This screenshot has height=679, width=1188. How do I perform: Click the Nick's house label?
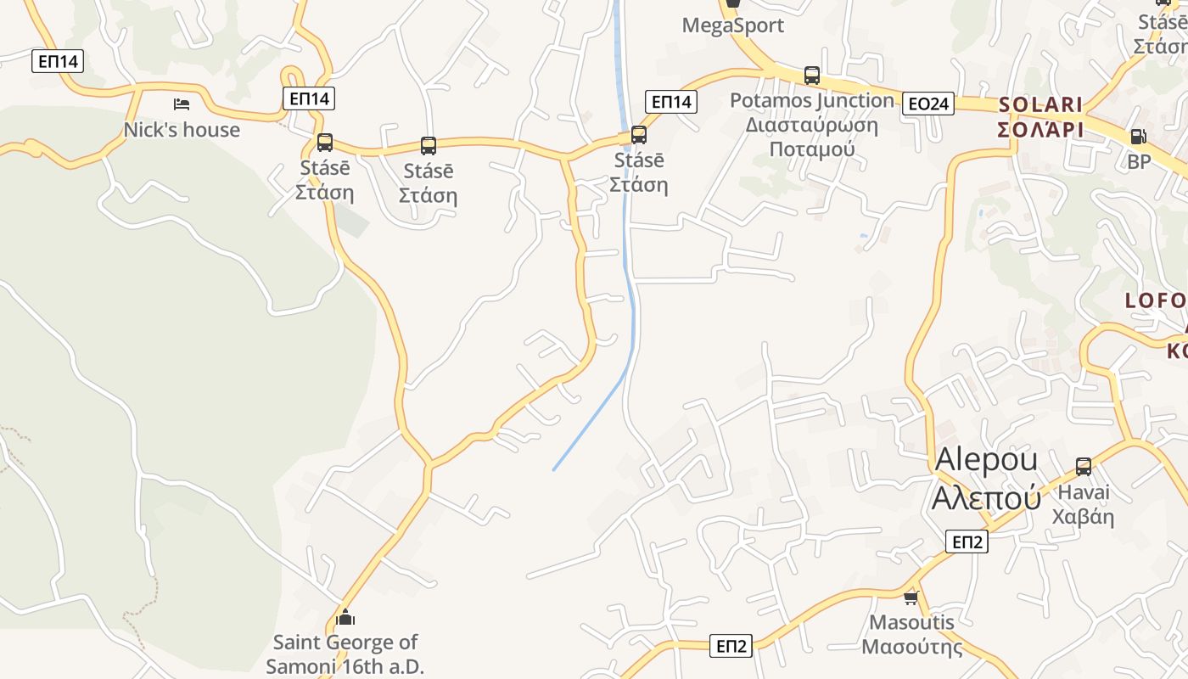(x=182, y=130)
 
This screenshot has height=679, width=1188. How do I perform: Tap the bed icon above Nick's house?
(x=181, y=104)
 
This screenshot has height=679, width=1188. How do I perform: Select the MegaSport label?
(x=733, y=25)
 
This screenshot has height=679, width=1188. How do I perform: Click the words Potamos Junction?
(x=812, y=100)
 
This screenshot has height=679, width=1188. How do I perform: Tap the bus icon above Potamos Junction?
(x=812, y=75)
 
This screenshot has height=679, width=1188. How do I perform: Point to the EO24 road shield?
(x=927, y=104)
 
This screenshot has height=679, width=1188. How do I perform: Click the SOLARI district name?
(x=1040, y=105)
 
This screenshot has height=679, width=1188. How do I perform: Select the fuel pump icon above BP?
(x=1139, y=136)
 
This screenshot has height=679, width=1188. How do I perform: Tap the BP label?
(x=1139, y=161)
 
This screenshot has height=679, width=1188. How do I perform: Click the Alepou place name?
(x=986, y=459)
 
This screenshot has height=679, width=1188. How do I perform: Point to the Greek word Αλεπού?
(x=986, y=498)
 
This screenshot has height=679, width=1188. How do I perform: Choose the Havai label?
(x=1083, y=492)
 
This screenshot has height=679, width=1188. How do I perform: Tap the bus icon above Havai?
(x=1084, y=466)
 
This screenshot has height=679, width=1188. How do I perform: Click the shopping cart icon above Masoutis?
(x=911, y=598)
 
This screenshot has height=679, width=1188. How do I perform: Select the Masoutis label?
(x=912, y=622)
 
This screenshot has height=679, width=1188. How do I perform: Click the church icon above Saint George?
(x=345, y=617)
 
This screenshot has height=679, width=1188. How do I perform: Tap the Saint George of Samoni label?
(x=345, y=654)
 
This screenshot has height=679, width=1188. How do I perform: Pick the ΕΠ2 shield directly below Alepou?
(x=967, y=542)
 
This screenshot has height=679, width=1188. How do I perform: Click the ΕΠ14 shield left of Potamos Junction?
(x=671, y=102)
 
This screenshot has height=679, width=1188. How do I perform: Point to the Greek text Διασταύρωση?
(x=812, y=126)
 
